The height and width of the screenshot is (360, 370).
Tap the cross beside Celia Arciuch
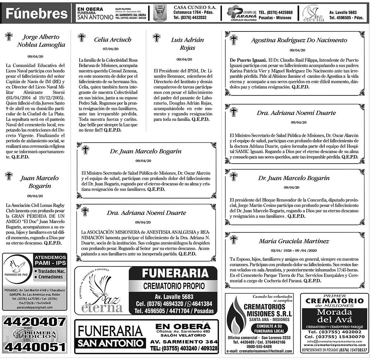pyautogui.click(x=82, y=38)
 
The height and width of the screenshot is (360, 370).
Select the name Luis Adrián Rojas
pyautogui.click(x=182, y=44)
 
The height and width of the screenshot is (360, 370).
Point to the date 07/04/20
pyautogui.click(x=110, y=48)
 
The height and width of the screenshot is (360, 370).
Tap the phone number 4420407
pyautogui.click(x=34, y=322)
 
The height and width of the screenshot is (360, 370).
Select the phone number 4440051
pyautogui.click(x=34, y=347)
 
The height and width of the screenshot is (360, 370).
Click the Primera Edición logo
pyautogui.click(x=34, y=334)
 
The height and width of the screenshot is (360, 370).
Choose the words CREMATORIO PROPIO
pyautogui.click(x=173, y=286)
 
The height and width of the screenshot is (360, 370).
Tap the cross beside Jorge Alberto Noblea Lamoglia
pyautogui.click(x=9, y=36)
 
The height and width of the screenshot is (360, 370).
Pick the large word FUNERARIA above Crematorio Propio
pyautogui.click(x=173, y=274)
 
